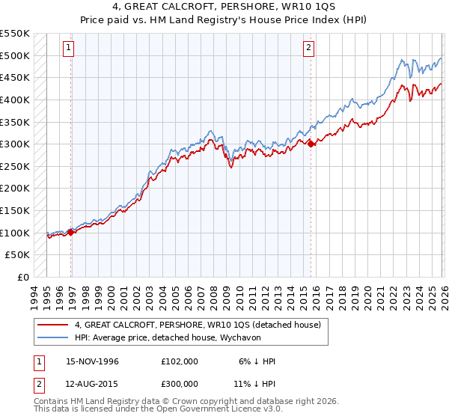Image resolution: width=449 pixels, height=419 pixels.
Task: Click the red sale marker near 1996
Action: tap(71, 232)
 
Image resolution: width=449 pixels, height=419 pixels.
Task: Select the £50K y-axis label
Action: tap(18, 255)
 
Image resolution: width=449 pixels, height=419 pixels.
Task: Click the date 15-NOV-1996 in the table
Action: tap(93, 361)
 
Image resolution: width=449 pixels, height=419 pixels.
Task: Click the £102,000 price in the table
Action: tap(180, 361)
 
